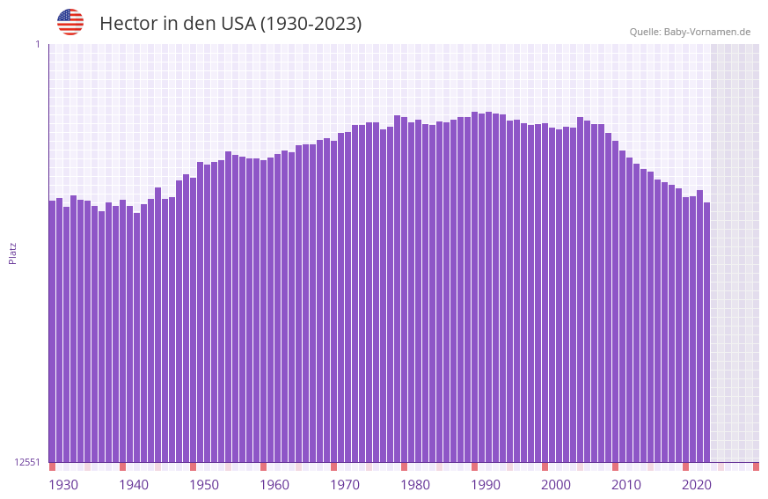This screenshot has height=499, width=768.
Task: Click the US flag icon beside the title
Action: [x=70, y=22]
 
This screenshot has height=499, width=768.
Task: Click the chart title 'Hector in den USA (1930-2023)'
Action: [x=230, y=24]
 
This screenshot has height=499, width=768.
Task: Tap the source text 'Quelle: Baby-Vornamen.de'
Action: [x=690, y=32]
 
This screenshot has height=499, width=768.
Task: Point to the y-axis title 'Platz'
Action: [x=12, y=253]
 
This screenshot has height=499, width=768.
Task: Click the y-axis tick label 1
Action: [x=38, y=44]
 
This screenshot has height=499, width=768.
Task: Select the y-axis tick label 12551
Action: [x=27, y=462]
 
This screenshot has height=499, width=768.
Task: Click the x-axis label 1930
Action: [x=63, y=485]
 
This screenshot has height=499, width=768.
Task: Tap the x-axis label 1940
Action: [x=134, y=485]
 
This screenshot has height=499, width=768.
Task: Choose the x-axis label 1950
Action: [x=204, y=485]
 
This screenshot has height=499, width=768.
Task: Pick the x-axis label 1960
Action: [x=274, y=485]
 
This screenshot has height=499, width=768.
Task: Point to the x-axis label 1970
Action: [x=345, y=485]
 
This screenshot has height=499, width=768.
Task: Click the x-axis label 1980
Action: [x=415, y=485]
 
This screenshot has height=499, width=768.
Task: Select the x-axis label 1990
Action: [x=486, y=485]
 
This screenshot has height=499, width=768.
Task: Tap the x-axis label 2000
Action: [x=556, y=485]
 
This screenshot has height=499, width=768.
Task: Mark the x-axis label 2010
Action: [x=626, y=485]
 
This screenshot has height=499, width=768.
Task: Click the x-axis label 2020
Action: [x=697, y=485]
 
